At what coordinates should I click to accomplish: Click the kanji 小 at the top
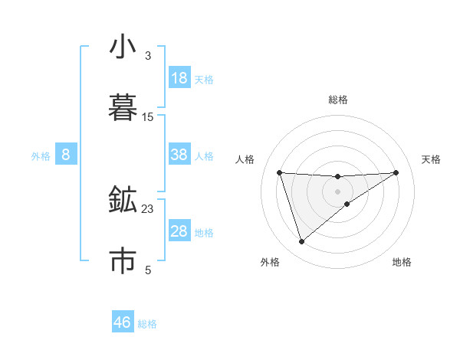pos(123,47)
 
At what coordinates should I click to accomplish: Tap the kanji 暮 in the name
pos(123,107)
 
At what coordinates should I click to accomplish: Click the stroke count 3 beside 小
pos(148,56)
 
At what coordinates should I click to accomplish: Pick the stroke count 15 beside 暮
pos(148,117)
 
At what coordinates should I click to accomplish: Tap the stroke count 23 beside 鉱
pos(148,208)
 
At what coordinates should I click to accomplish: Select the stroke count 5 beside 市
pos(148,270)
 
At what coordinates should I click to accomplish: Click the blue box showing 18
pos(179,78)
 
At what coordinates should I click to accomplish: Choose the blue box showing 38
pos(179,155)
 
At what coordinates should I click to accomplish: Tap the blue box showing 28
pos(179,231)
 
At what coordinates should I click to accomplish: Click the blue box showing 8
pos(66,155)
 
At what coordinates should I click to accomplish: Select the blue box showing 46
pos(123,322)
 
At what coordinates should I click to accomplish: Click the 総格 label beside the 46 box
pos(147,324)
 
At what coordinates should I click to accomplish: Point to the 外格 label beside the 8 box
pos(41,156)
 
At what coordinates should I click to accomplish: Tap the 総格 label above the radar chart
pos(338,100)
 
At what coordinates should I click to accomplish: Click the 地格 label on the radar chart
pos(402,262)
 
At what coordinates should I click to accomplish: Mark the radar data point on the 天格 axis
pos(396,172)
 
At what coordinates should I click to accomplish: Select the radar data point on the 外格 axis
pos(301,242)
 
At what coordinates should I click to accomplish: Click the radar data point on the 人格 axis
pos(280,172)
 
